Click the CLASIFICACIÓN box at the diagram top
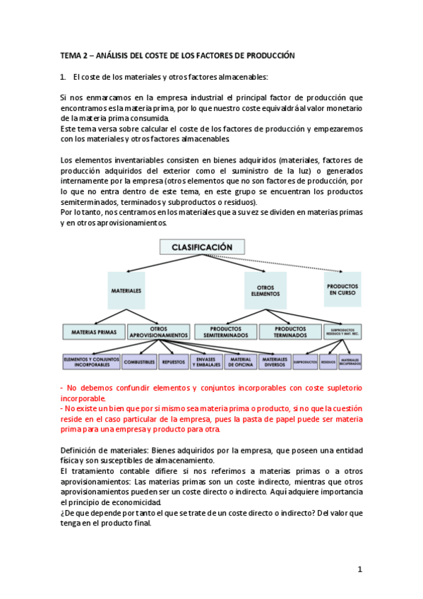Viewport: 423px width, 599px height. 202,247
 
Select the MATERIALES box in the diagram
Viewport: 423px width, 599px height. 126,290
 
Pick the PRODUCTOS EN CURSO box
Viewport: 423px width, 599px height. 342,290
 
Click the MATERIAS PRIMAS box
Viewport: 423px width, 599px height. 94,331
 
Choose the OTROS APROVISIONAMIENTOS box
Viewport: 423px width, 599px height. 159,331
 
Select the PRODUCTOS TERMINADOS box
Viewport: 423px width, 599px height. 290,331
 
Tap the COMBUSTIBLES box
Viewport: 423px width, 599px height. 139,362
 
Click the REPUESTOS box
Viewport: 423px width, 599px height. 173,362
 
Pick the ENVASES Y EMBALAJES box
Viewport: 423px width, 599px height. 206,362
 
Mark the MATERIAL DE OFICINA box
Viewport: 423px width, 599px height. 241,362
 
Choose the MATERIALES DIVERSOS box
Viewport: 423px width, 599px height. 274,362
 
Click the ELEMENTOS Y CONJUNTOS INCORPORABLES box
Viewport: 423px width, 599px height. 90,362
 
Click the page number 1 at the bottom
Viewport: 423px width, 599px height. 359,569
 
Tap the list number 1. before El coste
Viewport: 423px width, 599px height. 63,76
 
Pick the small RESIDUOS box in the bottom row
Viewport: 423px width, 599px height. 328,362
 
